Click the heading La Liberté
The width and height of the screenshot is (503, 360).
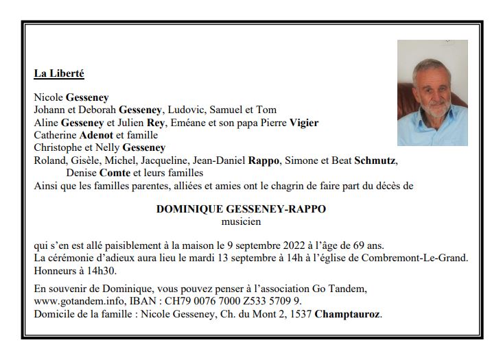pos(58,73)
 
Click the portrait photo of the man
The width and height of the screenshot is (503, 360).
pos(432,93)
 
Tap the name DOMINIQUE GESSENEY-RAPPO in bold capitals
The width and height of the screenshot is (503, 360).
pos(241,210)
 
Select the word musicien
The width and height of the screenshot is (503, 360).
pos(241,221)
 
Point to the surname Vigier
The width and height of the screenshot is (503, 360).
pos(304,123)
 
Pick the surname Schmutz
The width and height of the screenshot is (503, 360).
pos(375,160)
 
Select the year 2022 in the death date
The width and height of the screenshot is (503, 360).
pos(302,245)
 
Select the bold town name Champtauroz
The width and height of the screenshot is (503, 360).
pos(347,314)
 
